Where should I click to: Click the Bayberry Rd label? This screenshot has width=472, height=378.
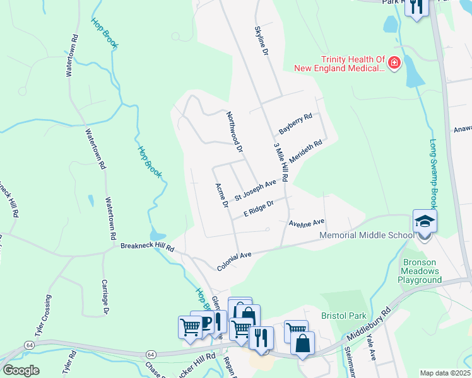(x=295, y=124)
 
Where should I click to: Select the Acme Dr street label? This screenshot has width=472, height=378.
(x=221, y=196)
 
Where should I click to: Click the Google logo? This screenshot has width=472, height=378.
(x=21, y=370)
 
